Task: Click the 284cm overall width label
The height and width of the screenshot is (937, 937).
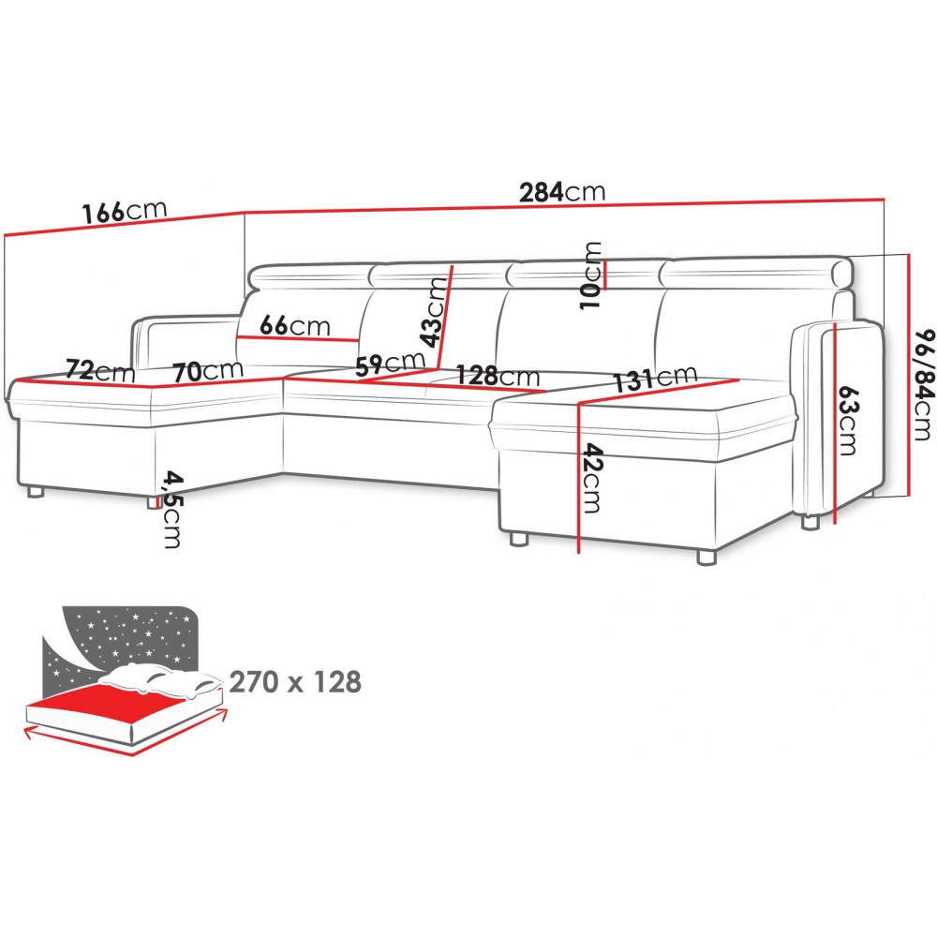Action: pyautogui.click(x=561, y=192)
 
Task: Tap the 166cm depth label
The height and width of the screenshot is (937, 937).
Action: pyautogui.click(x=125, y=211)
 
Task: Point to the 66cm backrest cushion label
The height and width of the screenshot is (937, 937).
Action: pyautogui.click(x=295, y=326)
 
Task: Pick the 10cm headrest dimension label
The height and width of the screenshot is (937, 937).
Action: pyautogui.click(x=591, y=275)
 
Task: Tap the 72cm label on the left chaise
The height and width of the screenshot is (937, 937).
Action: pyautogui.click(x=100, y=371)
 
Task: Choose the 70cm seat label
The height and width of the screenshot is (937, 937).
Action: pyautogui.click(x=208, y=371)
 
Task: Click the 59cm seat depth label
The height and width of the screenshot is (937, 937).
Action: pyautogui.click(x=390, y=364)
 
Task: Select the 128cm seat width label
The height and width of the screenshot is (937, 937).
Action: pyautogui.click(x=498, y=376)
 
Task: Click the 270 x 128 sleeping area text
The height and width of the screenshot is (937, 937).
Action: pyautogui.click(x=295, y=682)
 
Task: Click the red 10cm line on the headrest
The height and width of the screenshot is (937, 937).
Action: pyautogui.click(x=605, y=275)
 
